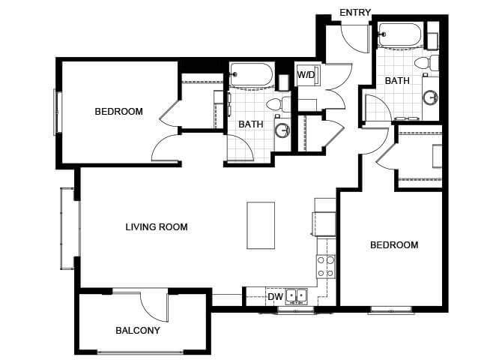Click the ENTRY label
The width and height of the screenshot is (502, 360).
click(x=355, y=13)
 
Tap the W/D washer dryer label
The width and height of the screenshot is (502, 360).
click(x=306, y=75)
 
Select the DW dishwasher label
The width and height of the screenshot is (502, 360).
click(x=275, y=297)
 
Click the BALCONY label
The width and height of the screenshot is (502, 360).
click(x=138, y=331)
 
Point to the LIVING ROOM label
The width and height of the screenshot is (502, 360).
click(x=157, y=227)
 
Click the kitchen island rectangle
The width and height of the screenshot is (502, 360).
click(x=261, y=225)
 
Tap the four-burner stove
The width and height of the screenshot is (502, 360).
click(x=326, y=266)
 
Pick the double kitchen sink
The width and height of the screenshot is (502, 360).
click(x=297, y=296)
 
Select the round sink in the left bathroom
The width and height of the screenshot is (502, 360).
click(x=282, y=130)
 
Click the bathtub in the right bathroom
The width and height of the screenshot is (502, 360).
click(x=401, y=35)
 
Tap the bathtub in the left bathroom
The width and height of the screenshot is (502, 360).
click(x=251, y=75)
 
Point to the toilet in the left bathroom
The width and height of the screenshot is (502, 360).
click(x=278, y=103)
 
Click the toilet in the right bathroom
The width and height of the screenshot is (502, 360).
click(x=426, y=63)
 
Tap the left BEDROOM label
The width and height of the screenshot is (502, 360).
click(x=119, y=112)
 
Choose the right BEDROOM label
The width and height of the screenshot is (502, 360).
click(x=394, y=245)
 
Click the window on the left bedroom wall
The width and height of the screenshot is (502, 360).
click(x=58, y=112)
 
